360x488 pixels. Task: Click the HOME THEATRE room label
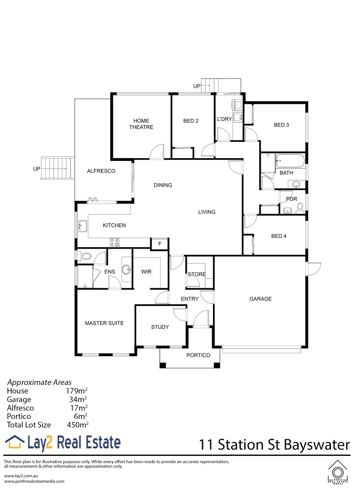tap(141, 124)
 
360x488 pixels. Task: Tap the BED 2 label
tap(191, 121)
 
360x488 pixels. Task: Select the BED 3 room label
tap(281, 125)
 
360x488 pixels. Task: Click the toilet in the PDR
tap(300, 207)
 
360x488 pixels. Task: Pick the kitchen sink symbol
tap(83, 225)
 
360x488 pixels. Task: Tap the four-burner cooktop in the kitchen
tap(114, 243)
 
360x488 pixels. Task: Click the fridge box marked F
tap(159, 244)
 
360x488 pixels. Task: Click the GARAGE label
tap(261, 299)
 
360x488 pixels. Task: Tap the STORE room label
tap(197, 274)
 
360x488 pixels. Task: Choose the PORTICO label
tap(199, 355)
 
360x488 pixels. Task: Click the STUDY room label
tap(160, 327)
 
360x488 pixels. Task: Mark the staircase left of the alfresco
tap(57, 168)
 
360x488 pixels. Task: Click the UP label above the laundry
tap(197, 86)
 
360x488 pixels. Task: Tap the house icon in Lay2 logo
tap(14, 442)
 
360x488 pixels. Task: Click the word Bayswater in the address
tap(317, 445)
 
